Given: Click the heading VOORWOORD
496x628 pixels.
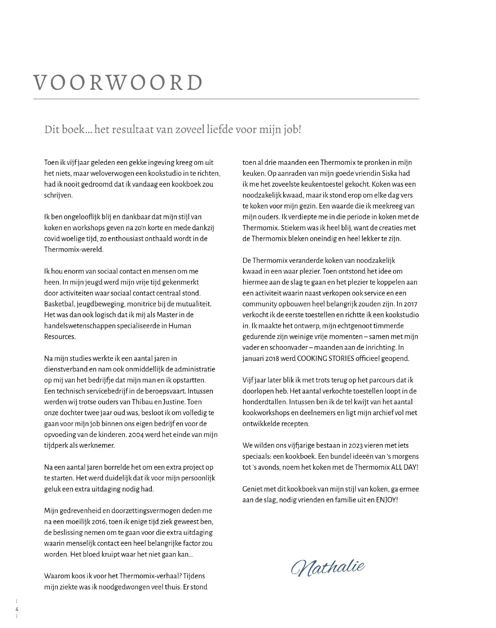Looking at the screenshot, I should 118,82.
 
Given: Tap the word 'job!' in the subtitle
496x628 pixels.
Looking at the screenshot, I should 291,130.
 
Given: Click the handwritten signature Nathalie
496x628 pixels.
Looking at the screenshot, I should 328,567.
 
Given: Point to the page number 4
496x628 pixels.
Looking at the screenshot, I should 17,609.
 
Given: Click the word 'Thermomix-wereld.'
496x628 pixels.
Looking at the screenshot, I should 74,249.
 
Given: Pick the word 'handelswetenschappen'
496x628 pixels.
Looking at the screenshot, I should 79,326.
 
